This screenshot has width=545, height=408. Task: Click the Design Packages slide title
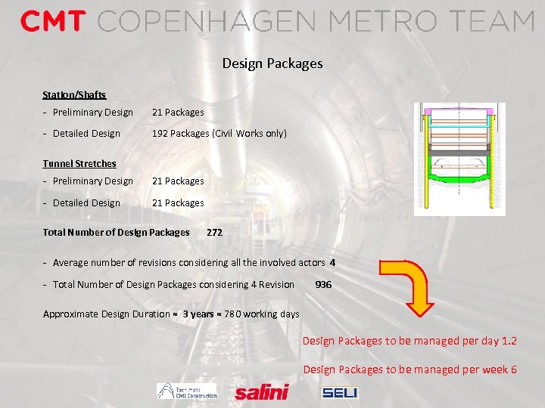pos(272,63)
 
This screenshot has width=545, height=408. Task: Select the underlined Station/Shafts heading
pos(74,95)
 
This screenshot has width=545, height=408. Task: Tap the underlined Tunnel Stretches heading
pos(79,163)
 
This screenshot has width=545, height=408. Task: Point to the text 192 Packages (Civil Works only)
pos(220,134)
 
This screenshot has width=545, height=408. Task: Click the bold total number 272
pos(214,233)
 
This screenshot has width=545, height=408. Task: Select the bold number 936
pos(323,285)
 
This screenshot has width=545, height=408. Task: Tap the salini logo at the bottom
pos(261,392)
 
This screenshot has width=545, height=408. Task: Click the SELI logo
pos(340,392)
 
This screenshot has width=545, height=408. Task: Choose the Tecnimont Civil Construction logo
pos(186,391)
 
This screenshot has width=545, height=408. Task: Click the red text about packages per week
pos(410,369)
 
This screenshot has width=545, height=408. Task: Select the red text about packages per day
pos(410,341)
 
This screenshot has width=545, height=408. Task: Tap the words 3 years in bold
pos(198,314)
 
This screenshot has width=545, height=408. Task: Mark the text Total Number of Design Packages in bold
pos(116,233)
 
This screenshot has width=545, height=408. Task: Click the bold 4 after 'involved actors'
pos(332,263)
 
